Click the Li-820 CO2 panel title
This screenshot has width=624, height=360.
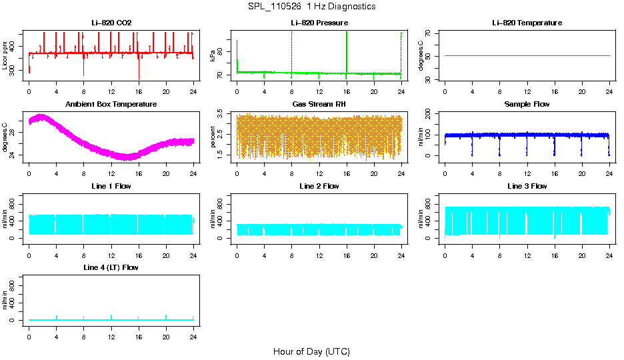tap(111, 23)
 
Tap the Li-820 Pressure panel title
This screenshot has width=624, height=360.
tap(319, 23)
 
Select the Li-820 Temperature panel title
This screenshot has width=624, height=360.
tap(527, 23)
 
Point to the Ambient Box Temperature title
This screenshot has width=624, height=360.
tap(111, 104)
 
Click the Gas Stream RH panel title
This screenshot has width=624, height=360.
tap(319, 104)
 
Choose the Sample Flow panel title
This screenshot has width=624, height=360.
tap(527, 104)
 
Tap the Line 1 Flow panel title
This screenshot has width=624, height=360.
tap(111, 186)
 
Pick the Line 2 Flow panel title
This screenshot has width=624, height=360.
tap(319, 186)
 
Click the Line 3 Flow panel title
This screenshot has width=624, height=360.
tap(527, 186)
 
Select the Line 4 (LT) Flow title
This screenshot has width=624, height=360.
tap(111, 267)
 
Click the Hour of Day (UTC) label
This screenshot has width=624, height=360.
tap(311, 351)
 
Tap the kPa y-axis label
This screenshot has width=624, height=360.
tap(213, 55)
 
